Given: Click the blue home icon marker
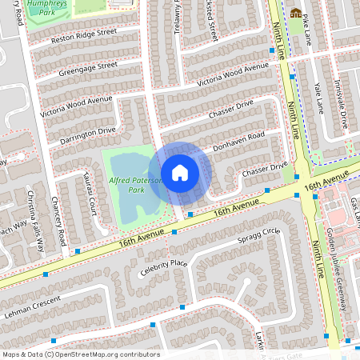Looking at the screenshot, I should coord(180,172).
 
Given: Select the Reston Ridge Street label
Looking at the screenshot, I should coord(84,36).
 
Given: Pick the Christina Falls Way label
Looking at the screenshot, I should coord(33,217).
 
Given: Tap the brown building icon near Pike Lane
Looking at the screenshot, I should coord(296,13).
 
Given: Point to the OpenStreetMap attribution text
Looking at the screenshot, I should coord(80,354).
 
